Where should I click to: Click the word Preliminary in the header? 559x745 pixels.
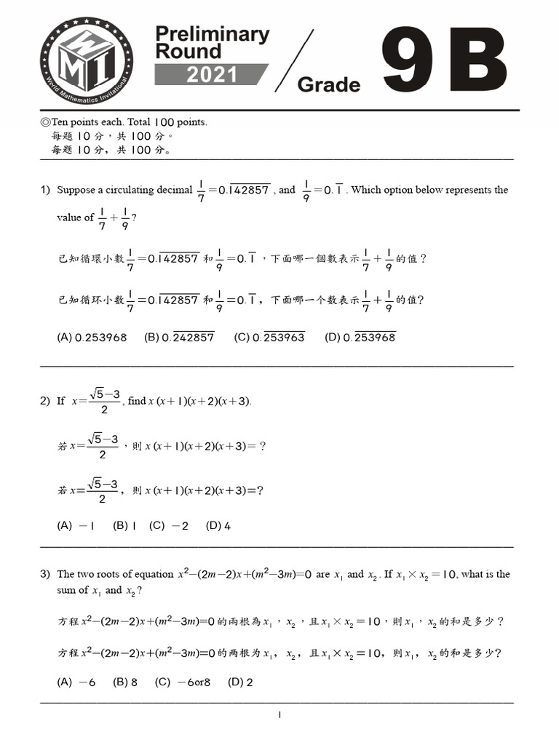pos(212,33)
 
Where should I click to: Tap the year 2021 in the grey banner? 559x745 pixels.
pos(212,75)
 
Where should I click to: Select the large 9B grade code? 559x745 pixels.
pos(443,61)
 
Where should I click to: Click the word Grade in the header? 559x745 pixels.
pos(329,84)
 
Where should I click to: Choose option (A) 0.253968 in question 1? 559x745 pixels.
pos(92,337)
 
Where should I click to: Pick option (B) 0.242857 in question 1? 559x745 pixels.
pos(179,337)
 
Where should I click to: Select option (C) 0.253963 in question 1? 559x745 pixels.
pos(269,337)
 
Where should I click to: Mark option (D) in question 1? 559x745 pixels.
pos(360,337)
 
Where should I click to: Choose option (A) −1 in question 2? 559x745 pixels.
pos(76,525)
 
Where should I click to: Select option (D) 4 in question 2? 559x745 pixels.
pos(218,525)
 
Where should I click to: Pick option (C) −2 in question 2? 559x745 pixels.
pos(169,525)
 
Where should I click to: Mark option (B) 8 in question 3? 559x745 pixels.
pos(125,682)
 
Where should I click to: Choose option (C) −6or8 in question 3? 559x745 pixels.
pos(183,682)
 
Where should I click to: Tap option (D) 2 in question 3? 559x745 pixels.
pos(240,682)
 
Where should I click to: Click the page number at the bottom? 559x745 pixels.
pos(279,715)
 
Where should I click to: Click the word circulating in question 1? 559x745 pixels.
pos(130,190)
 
